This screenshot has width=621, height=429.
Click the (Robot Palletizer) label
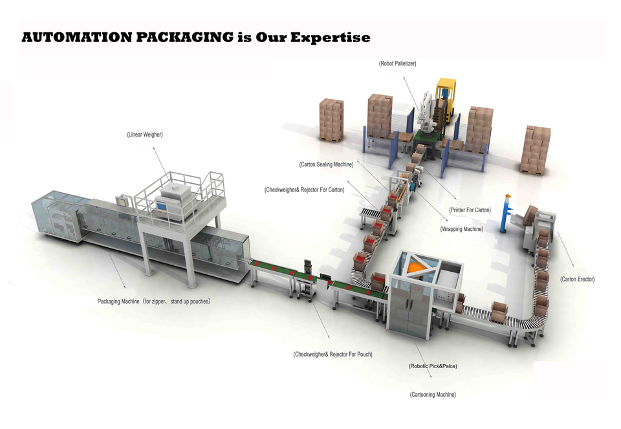(x=397, y=63)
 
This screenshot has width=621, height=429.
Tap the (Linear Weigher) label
(x=145, y=135)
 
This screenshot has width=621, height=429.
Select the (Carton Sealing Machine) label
(x=327, y=164)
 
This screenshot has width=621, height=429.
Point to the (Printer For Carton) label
(x=470, y=210)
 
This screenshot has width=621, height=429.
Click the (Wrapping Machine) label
(x=461, y=229)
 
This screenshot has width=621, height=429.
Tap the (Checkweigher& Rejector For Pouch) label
(x=332, y=354)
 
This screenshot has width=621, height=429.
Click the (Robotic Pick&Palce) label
(x=433, y=366)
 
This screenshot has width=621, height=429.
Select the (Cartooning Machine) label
(x=433, y=395)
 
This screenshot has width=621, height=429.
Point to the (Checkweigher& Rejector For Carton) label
(x=304, y=190)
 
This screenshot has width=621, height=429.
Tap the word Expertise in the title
(x=330, y=38)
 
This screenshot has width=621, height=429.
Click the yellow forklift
(x=446, y=97)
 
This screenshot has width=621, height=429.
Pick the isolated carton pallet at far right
(x=536, y=149)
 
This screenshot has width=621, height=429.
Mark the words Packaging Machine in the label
(x=119, y=302)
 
